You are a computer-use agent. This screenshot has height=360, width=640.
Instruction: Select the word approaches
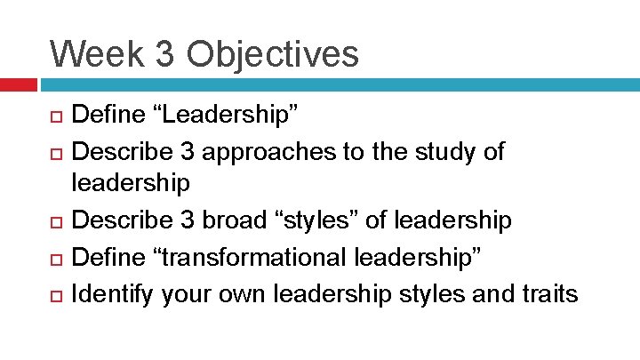[x=276, y=152]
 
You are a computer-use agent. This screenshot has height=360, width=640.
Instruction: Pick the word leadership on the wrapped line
[x=131, y=185]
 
